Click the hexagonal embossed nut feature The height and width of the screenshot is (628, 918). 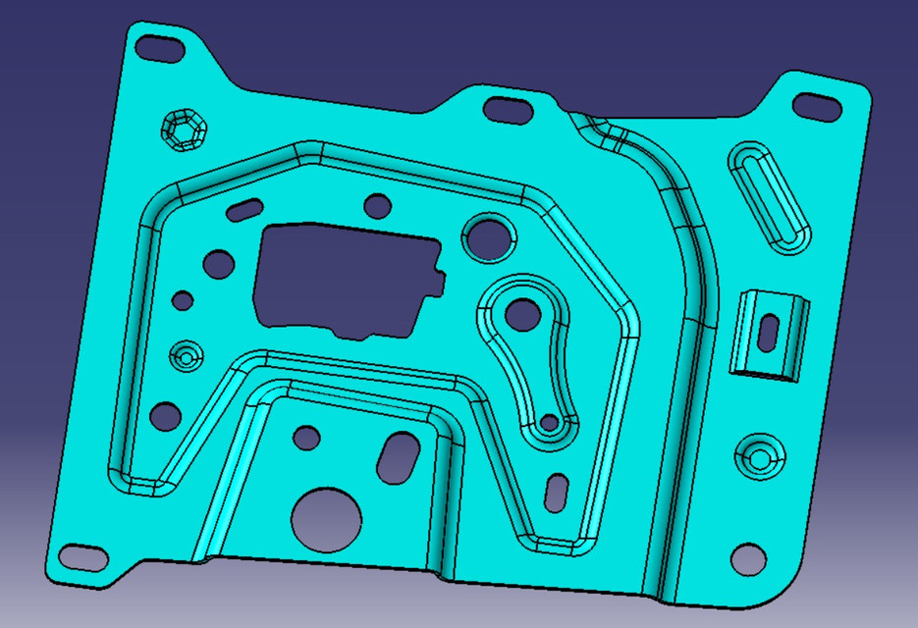coord(182,130)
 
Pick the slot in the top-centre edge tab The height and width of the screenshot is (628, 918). coord(509,109)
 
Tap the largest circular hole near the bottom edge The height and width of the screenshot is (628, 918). coord(326,517)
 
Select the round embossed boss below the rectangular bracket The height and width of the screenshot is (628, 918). coord(761,455)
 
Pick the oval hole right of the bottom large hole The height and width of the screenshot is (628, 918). coord(396,456)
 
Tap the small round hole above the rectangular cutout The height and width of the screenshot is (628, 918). coord(377,205)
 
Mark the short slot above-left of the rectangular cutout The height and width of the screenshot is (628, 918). coord(244,208)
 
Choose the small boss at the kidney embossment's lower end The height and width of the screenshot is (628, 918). coord(549,426)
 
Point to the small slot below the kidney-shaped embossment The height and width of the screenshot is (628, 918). coord(557,491)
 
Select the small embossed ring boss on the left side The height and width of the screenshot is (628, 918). coord(185,355)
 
